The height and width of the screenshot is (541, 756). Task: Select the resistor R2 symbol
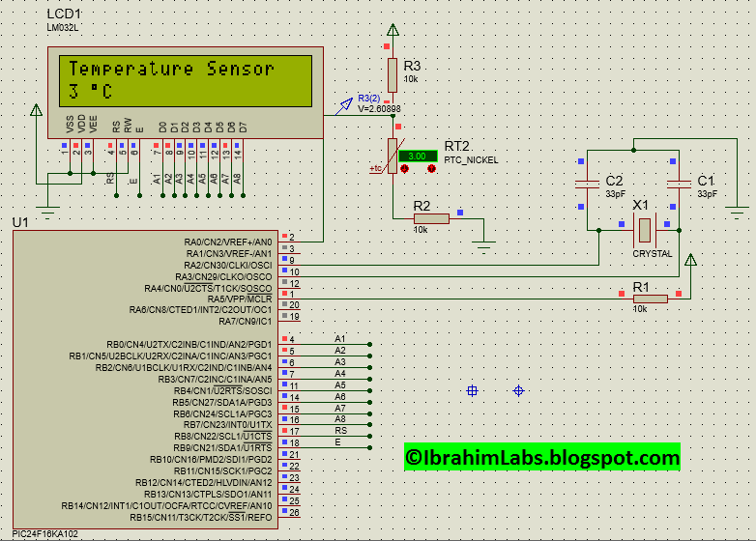431,218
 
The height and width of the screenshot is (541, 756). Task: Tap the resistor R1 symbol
649,299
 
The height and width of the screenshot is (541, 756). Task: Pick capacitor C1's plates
679,183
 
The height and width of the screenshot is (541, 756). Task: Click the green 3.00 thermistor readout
418,156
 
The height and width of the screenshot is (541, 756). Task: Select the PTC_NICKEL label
471,160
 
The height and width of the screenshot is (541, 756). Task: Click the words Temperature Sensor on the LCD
171,69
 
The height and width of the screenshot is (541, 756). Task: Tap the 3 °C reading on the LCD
91,93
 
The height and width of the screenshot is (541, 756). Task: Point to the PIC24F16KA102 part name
49,533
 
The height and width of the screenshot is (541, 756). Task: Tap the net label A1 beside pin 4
339,338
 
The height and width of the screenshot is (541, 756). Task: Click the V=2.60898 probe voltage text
379,109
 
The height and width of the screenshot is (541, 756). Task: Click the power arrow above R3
392,31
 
